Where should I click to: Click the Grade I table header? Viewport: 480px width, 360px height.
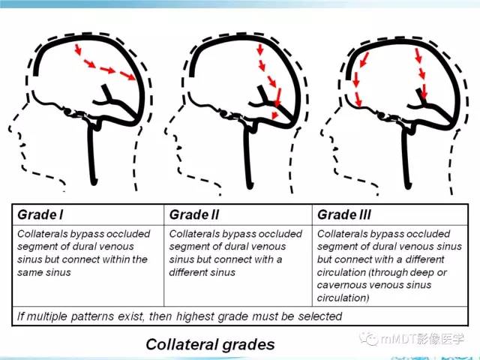tap(40, 215)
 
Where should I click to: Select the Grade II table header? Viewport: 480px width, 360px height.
tap(194, 215)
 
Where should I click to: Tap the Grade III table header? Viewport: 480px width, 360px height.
tap(344, 215)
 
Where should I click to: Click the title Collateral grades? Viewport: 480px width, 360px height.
tap(210, 344)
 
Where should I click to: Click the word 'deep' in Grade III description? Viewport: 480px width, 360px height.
tap(421, 272)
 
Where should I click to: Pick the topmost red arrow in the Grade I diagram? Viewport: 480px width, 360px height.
tap(78, 49)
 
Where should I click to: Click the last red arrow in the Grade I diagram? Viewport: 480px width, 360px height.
tap(127, 76)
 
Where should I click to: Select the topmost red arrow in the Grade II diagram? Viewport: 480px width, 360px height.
tap(260, 49)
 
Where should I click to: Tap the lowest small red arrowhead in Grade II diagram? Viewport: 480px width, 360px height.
tap(275, 115)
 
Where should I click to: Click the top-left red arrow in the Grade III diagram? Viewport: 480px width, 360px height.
tap(364, 59)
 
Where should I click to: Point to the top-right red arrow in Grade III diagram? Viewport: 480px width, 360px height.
tap(418, 55)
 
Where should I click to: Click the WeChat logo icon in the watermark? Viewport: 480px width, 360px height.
tap(369, 338)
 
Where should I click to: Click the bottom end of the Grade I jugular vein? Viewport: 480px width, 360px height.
tap(94, 183)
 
